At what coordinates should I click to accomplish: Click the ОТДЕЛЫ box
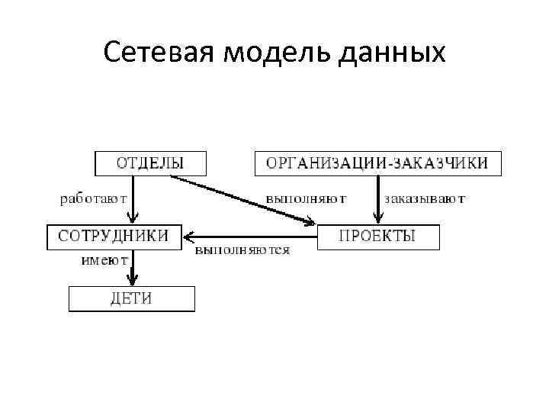[150, 163]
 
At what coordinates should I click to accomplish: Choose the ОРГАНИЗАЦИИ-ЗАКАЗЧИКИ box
[377, 163]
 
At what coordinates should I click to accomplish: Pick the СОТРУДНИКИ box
[114, 236]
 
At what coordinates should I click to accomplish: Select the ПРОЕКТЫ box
[377, 236]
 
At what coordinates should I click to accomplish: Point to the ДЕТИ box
[131, 298]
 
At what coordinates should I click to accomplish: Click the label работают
[92, 198]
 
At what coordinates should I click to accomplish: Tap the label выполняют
[306, 198]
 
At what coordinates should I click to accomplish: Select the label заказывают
[425, 198]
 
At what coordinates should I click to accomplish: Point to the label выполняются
[242, 250]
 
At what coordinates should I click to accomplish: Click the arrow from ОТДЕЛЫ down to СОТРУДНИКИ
[133, 197]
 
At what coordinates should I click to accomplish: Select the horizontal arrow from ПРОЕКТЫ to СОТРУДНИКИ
[252, 236]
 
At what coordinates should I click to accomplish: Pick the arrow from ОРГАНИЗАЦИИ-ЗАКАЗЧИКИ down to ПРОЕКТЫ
[377, 197]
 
